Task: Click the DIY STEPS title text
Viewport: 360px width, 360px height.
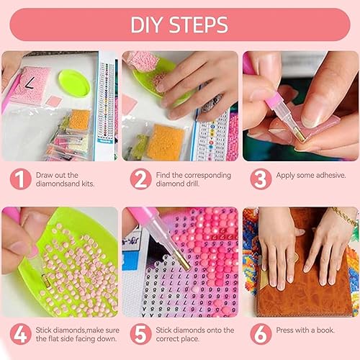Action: [180, 24]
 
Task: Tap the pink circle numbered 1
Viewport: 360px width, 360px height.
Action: [20, 179]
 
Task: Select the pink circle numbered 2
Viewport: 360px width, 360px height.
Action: [140, 179]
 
